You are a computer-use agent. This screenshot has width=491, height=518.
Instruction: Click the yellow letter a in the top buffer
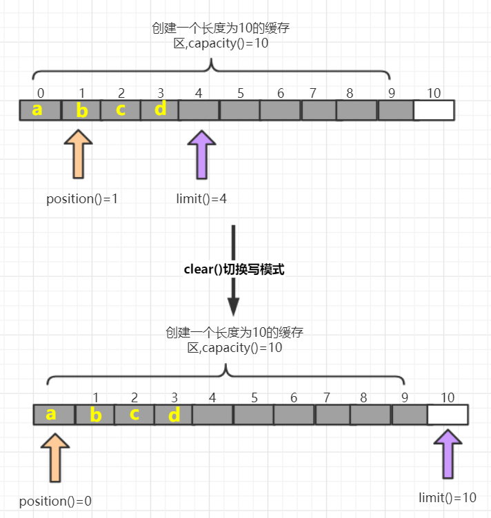pos(37,109)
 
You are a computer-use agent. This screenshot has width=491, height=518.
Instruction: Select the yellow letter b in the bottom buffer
pos(96,415)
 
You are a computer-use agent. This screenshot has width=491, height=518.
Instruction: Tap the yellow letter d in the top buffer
pos(160,109)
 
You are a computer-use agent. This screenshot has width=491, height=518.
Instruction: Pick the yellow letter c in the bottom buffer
pos(134,414)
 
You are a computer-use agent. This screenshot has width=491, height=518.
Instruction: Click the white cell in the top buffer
pos(434,110)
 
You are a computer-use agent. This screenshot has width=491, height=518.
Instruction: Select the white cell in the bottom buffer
pos(448,415)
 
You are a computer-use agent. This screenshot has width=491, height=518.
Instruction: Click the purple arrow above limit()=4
pos(202,155)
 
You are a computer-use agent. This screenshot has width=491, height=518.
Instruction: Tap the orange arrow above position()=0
pos(54,457)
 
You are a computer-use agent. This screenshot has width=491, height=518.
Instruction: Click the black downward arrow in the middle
pos(234,269)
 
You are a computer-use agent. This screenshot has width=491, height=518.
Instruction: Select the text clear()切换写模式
pos(234,270)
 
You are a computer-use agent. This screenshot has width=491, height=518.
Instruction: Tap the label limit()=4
pos(201,199)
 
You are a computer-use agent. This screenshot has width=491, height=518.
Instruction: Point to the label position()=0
pos(55,501)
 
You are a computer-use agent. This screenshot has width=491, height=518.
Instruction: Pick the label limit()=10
pos(448,497)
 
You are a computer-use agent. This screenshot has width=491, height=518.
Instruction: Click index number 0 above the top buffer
pos(41,93)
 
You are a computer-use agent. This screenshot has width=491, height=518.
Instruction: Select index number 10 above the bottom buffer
pos(448,397)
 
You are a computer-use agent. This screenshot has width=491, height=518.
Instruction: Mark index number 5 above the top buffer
pos(240,93)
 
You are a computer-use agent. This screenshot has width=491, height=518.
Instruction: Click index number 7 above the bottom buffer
pos(326,397)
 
